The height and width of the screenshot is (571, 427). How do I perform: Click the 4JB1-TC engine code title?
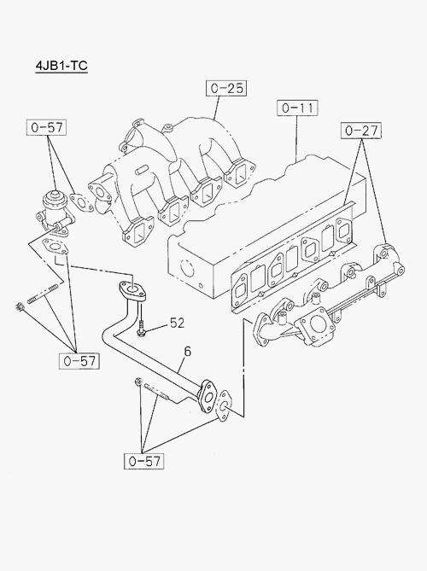[61, 66]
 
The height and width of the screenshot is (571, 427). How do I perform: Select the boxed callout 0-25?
[226, 88]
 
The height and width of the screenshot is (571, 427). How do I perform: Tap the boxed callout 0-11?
[297, 108]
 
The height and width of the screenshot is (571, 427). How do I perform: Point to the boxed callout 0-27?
[361, 131]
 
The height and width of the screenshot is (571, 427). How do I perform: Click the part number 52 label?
[177, 323]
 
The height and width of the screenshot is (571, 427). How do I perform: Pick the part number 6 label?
[188, 352]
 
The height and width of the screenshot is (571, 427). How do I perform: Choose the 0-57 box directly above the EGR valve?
[47, 127]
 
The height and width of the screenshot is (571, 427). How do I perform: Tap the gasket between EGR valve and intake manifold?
[82, 203]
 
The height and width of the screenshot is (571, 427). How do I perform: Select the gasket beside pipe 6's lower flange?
[224, 406]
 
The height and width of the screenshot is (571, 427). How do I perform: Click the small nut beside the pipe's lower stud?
[138, 382]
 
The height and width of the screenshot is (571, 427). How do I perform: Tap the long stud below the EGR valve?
[43, 294]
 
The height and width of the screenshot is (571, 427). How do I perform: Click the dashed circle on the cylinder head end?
[187, 269]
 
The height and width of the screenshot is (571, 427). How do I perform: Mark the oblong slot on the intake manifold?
[142, 169]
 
